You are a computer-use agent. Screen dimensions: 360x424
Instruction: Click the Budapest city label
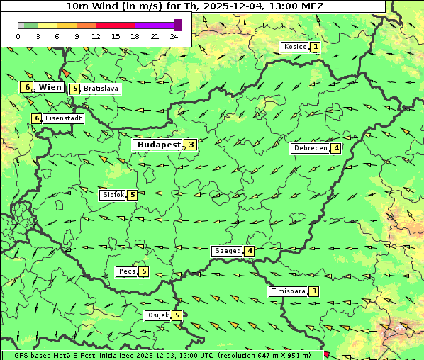(x=160, y=145)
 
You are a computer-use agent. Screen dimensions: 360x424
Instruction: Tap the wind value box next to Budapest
(x=191, y=145)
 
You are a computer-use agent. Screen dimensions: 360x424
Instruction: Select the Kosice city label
(x=295, y=47)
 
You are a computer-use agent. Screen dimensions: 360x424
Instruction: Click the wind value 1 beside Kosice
(x=316, y=47)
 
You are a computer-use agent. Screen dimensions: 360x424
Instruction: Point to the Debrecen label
(x=310, y=148)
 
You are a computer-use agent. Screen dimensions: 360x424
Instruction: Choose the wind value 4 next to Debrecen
(x=336, y=148)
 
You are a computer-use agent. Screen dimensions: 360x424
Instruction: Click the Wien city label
(x=50, y=87)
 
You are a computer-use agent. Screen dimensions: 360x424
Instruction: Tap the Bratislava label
(x=100, y=89)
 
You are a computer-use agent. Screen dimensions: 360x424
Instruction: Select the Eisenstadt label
(x=64, y=118)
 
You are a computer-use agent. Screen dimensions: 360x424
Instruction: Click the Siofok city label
(x=113, y=194)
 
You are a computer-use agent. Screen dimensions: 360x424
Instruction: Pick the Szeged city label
(x=227, y=251)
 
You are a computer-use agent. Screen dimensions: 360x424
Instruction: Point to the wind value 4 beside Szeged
(x=250, y=251)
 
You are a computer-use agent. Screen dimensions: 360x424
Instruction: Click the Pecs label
(x=127, y=271)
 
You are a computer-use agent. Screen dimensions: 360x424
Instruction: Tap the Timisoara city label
(x=288, y=291)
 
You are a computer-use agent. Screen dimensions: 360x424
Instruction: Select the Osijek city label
(x=157, y=315)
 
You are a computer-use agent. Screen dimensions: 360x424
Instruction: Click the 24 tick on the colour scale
(x=174, y=36)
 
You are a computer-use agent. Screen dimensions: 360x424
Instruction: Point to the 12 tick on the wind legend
(x=96, y=36)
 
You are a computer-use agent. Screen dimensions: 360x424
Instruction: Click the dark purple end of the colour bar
(x=177, y=25)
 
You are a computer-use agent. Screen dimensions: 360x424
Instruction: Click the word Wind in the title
(x=105, y=6)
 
